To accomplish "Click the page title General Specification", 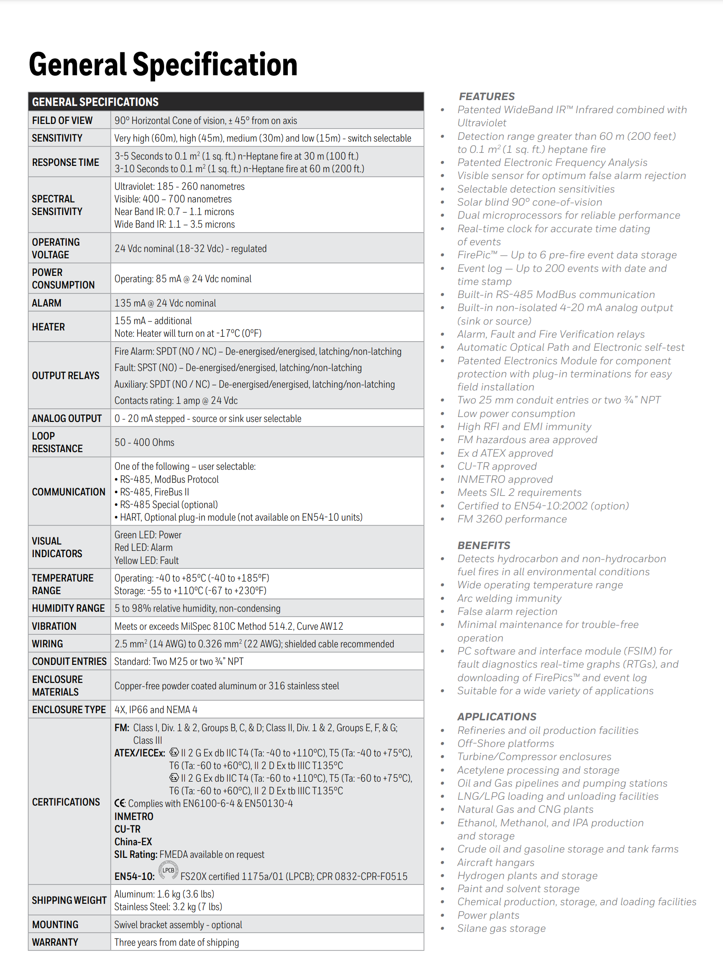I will [x=163, y=64].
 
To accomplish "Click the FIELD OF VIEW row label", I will [x=62, y=120].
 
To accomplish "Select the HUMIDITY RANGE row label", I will [x=68, y=608].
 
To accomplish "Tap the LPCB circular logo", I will [x=168, y=870].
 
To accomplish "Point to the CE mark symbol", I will [x=120, y=803].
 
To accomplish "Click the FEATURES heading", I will [x=487, y=96].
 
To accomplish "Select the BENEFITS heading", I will [x=484, y=545].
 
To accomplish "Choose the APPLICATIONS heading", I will [x=497, y=717].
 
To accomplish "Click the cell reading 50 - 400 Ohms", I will [x=144, y=442].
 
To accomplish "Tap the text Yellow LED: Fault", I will [x=147, y=560].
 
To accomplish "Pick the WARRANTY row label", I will [x=55, y=942].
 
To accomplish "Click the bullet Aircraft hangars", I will [x=496, y=862].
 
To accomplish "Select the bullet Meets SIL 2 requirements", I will [x=519, y=492].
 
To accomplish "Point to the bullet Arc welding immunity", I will [x=509, y=598].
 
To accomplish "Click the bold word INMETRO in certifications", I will [x=134, y=816].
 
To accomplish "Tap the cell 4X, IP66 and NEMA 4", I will [x=156, y=710].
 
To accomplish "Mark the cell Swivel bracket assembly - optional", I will [x=178, y=925].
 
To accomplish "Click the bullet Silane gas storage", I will [x=501, y=928].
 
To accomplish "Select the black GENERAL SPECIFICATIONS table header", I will [x=226, y=102].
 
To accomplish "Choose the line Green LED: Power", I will [x=148, y=535].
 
